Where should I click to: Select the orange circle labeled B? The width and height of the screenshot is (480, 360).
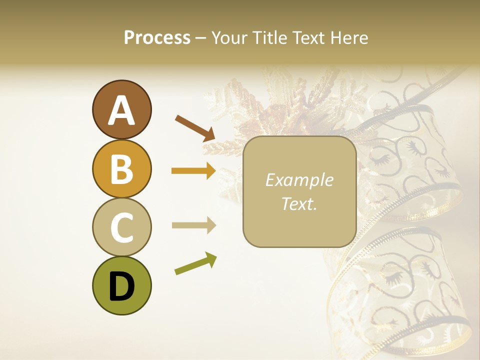point(121,168)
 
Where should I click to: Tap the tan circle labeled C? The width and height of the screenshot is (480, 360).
point(121,227)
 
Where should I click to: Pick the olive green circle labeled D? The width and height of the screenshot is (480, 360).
point(121,285)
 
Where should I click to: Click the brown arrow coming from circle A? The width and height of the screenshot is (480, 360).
point(194,127)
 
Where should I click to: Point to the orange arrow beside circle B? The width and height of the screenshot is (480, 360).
point(193,171)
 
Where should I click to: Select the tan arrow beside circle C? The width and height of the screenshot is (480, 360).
point(193,225)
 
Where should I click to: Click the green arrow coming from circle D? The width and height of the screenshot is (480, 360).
point(195,263)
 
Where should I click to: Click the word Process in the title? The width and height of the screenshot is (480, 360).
point(157,37)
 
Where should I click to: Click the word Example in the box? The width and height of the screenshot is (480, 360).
point(299,180)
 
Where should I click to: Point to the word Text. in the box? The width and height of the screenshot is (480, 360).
point(299,203)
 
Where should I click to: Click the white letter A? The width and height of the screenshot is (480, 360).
point(121,110)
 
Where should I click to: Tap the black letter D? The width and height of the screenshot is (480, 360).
point(121,286)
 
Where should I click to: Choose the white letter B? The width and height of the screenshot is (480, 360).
point(121,169)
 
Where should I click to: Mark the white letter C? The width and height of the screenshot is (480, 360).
point(121,228)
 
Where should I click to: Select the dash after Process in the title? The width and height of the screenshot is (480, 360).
point(200,38)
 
